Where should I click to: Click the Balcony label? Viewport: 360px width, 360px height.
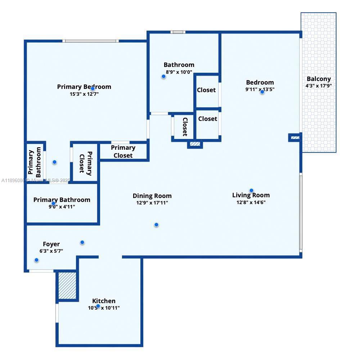[x=319, y=79]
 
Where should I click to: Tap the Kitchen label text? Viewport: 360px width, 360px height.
[x=104, y=301]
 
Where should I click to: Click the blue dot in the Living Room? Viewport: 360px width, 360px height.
[x=251, y=190]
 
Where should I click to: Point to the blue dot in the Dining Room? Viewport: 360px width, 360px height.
[x=156, y=225]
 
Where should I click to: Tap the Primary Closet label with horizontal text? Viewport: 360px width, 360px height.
[x=123, y=152]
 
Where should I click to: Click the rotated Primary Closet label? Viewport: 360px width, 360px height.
[x=86, y=163]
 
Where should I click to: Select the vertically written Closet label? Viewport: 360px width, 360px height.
[x=185, y=127]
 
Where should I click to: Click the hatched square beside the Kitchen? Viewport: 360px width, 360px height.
[x=67, y=285]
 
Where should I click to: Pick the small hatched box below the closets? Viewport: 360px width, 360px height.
[x=195, y=144]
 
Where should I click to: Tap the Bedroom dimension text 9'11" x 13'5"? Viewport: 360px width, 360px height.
[x=260, y=89]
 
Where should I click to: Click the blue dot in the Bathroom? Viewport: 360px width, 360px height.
[x=163, y=76]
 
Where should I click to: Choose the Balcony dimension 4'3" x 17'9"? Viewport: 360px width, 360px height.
[x=319, y=86]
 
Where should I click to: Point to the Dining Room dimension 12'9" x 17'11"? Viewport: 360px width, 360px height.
[x=152, y=203]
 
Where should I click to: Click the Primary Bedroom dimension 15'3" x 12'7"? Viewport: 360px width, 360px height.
[x=84, y=94]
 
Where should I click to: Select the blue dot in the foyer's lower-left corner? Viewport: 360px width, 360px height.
[x=36, y=260]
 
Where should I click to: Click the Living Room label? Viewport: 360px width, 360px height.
[x=251, y=195]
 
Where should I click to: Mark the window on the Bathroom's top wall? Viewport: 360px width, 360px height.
[x=177, y=32]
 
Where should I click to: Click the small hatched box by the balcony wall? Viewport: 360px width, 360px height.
[x=295, y=137]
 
